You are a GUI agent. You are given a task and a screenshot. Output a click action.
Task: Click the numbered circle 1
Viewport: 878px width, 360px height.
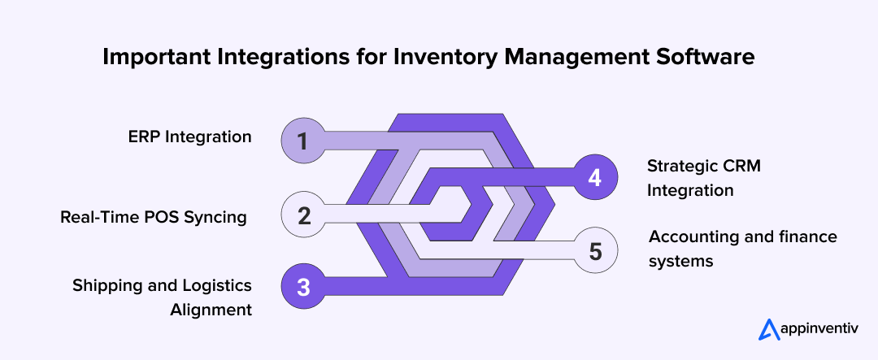(302, 141)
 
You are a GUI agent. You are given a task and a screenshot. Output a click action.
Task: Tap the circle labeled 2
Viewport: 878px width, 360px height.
(302, 216)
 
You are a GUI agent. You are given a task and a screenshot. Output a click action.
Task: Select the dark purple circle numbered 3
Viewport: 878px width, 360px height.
(302, 287)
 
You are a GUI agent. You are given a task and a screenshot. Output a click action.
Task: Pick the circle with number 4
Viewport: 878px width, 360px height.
(595, 177)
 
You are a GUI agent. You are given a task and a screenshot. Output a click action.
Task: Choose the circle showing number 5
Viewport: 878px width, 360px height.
(595, 250)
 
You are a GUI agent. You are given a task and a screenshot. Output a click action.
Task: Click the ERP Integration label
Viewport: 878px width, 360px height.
(189, 137)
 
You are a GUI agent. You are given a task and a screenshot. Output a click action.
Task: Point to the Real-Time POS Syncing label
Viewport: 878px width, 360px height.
(153, 217)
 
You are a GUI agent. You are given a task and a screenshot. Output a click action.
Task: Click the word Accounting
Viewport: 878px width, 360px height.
(688, 236)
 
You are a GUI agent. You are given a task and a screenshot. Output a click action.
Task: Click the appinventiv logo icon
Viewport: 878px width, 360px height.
(768, 328)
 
